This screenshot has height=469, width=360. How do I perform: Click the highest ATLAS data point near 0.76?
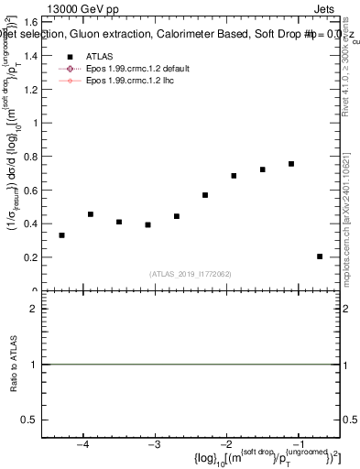pos(291,164)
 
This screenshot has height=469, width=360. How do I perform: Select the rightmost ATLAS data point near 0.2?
pos(320,256)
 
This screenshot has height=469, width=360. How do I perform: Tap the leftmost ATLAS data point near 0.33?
pos(61,235)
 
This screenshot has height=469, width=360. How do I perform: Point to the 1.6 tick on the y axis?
pos(28,21)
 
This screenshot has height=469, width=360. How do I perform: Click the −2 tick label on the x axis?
pos(225,446)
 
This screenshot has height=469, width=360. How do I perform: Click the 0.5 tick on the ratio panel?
pos(28,420)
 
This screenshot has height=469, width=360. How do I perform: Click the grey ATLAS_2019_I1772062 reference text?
pos(191,274)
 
